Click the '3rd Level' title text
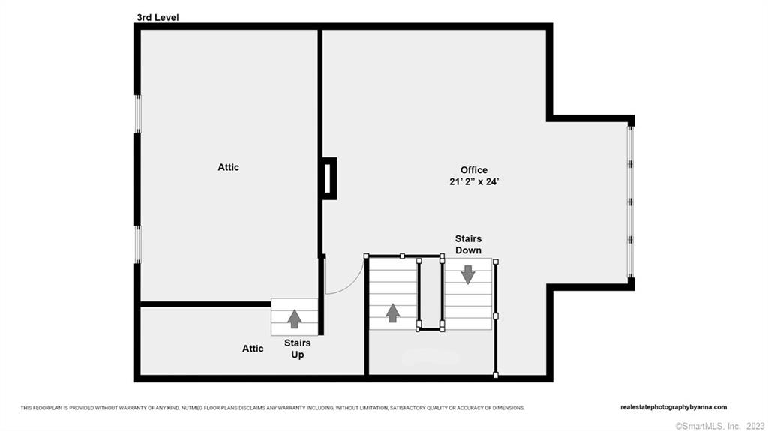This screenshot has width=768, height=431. pos(157,18)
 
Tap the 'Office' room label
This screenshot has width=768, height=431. pos(474,170)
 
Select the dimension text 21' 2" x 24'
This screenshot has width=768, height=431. pos(474,181)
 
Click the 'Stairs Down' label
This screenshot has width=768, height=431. pos(468,244)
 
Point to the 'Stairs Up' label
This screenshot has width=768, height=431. pos(297,349)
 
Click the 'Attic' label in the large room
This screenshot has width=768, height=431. pos(228,167)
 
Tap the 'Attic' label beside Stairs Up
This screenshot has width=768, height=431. pos(253,349)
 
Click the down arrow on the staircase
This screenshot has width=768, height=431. pos(468,274)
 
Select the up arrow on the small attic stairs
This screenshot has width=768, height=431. pos(294,319)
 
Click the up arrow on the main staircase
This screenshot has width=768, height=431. pos(392,313)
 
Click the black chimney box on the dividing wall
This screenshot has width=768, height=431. pos(329,178)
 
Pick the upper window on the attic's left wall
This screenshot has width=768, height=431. pos(138,114)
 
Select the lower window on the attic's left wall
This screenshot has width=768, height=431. pos(138,244)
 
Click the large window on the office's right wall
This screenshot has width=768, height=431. pos(630,202)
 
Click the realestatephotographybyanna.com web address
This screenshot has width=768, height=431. pos(673,407)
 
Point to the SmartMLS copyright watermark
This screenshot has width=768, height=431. pos(719,426)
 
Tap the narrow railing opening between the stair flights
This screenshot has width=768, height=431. pos(430,292)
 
